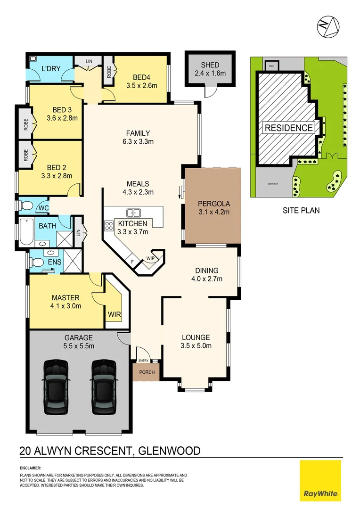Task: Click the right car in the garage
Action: (104, 387)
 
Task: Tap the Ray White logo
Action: (320, 481)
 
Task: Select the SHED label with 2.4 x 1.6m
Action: (210, 69)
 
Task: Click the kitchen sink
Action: (133, 213)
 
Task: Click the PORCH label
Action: (147, 372)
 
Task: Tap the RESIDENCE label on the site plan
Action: (288, 128)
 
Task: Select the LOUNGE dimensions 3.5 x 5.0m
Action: (196, 345)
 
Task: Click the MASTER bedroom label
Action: (66, 297)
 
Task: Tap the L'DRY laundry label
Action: (50, 69)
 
